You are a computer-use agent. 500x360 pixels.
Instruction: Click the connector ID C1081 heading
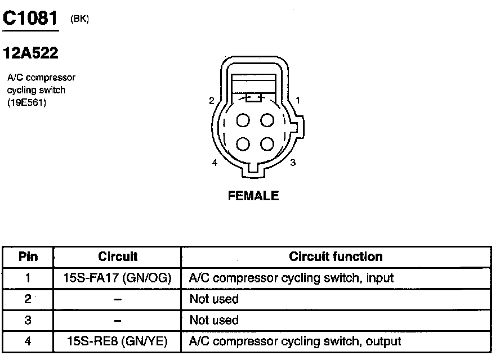point(30,18)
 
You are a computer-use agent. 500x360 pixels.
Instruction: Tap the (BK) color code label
point(79,19)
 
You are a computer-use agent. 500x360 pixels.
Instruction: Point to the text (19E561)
point(26,102)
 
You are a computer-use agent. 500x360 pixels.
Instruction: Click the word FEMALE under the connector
point(253,196)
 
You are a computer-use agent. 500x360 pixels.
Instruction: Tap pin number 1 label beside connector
point(298,100)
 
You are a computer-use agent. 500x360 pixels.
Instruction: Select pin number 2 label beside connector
point(211,101)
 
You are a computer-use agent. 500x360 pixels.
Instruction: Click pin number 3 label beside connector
point(293,163)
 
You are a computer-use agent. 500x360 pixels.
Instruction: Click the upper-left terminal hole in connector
point(243,120)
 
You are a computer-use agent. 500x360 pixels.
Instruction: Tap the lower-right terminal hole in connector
point(266,143)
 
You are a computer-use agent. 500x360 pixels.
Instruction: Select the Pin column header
point(28,257)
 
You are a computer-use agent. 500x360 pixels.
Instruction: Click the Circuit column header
point(118,257)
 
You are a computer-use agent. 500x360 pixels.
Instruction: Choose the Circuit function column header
point(336,257)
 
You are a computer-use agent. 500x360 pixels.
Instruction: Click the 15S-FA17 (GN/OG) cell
point(118,278)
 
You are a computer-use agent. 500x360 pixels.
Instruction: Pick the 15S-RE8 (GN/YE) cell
point(118,341)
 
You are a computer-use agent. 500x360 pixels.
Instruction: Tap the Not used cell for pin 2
point(214,299)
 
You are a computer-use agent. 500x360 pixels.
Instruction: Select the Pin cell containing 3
point(28,320)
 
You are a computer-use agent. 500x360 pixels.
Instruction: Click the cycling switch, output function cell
point(295,341)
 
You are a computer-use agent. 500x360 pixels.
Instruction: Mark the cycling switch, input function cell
point(291,278)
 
